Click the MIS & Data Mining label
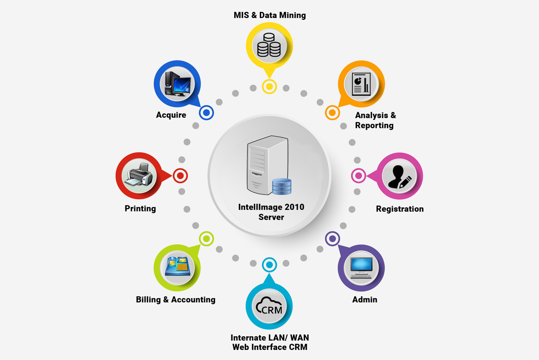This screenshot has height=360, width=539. [269, 15]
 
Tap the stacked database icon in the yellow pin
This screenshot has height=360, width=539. [269, 45]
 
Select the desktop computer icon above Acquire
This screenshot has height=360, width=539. [178, 84]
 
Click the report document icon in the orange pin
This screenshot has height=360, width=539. [361, 84]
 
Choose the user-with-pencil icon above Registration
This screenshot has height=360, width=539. [400, 177]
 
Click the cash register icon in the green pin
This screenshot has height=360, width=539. [178, 266]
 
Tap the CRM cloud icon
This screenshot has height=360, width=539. [269, 306]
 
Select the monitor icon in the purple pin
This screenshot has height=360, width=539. [361, 268]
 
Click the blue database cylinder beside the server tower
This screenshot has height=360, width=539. [282, 186]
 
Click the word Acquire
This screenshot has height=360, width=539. [171, 115]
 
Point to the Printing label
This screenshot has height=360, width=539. [140, 208]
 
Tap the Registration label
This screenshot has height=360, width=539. [400, 209]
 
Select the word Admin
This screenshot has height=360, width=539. [365, 300]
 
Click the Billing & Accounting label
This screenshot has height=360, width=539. [176, 300]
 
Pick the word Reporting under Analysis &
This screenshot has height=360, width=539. [374, 125]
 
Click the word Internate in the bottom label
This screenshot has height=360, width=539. [249, 338]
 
